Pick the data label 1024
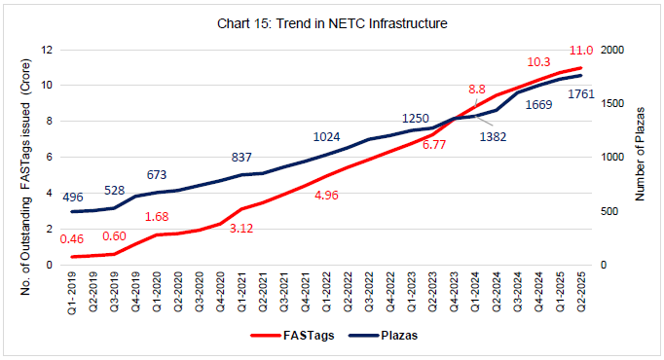329,137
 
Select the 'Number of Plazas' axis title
641,156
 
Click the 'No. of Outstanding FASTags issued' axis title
22,156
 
